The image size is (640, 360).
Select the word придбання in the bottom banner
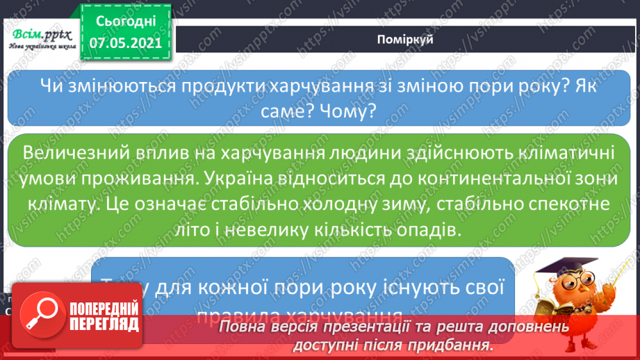[459, 343]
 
